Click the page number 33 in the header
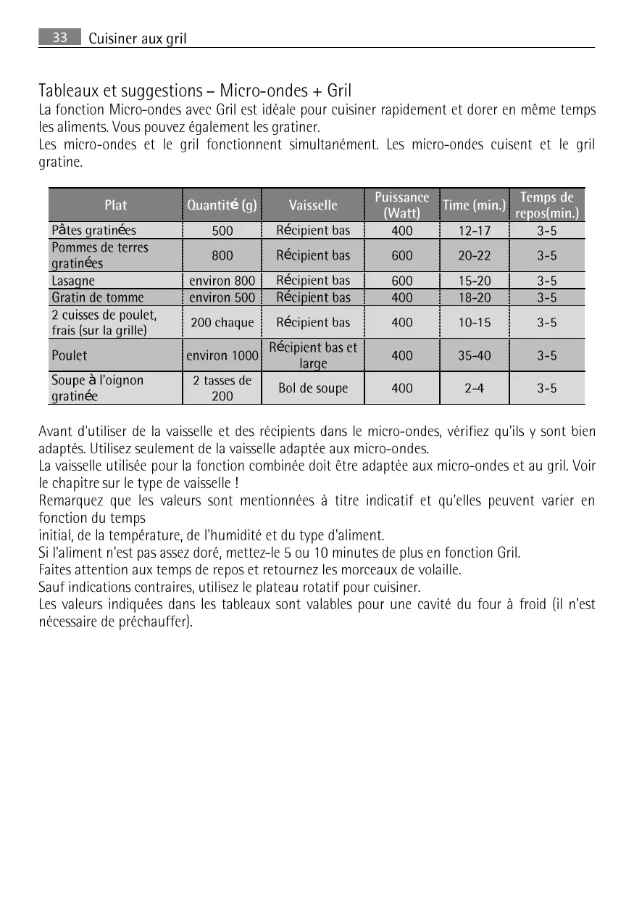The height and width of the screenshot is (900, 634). point(59,38)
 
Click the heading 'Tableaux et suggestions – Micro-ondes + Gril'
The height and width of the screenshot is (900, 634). point(194,91)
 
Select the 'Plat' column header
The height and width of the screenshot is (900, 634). point(115,205)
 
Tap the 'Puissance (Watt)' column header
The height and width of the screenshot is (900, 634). point(401,205)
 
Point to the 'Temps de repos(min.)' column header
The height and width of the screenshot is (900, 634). point(546,205)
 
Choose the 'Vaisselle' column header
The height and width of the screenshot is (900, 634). point(313,205)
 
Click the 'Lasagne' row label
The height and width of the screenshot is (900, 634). point(73,281)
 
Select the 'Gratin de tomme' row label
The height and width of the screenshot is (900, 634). point(98,297)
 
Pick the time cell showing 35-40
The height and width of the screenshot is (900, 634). point(474,355)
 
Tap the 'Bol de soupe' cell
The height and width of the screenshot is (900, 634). point(313,388)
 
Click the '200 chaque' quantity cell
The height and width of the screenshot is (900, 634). point(222,323)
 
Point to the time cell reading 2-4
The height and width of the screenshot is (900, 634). point(474,388)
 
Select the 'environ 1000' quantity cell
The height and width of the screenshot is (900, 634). point(222,355)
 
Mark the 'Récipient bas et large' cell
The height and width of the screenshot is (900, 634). point(313,355)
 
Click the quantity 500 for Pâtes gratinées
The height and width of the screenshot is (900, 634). point(222,231)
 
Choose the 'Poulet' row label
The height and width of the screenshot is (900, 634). point(69,355)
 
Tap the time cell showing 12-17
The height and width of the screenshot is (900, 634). point(474,231)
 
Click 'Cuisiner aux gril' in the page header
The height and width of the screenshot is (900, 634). point(138,39)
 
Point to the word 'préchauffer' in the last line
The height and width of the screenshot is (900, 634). point(157,622)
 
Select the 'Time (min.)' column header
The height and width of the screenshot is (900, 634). point(474,205)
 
